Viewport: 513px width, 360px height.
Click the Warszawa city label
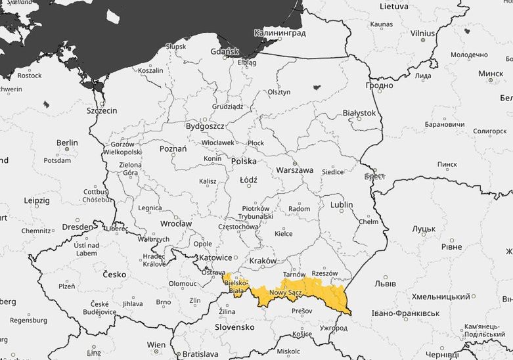tap(294, 170)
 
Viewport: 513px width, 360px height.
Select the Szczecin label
tap(102, 111)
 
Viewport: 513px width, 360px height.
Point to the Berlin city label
tap(67, 143)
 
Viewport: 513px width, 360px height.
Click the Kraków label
tap(263, 261)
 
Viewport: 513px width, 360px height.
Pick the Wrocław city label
tap(175, 223)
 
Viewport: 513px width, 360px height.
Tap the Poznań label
tap(173, 149)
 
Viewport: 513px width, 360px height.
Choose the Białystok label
tap(359, 113)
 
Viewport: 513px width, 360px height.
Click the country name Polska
tap(244, 161)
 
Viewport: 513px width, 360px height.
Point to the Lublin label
tap(342, 205)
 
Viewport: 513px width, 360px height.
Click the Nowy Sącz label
tap(285, 292)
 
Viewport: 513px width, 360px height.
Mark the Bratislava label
tap(200, 354)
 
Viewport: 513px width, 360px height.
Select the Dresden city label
tap(78, 227)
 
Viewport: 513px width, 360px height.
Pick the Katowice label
tap(215, 258)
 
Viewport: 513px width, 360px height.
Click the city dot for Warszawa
tap(294, 162)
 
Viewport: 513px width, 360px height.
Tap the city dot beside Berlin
tap(67, 150)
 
